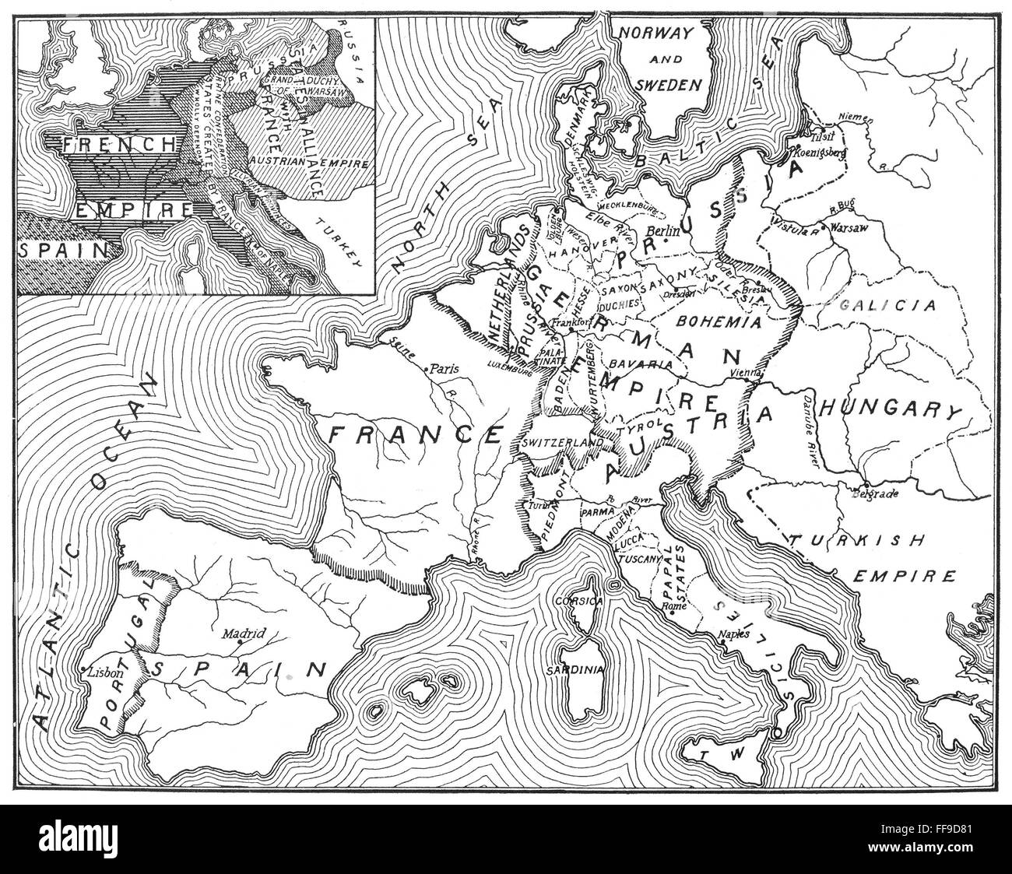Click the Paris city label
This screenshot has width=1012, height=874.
click(446, 370)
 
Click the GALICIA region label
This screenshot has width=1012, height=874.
click(887, 305)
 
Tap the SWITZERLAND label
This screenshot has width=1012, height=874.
click(563, 442)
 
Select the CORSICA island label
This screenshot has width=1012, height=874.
click(575, 600)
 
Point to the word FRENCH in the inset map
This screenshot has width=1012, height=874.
click(109, 143)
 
